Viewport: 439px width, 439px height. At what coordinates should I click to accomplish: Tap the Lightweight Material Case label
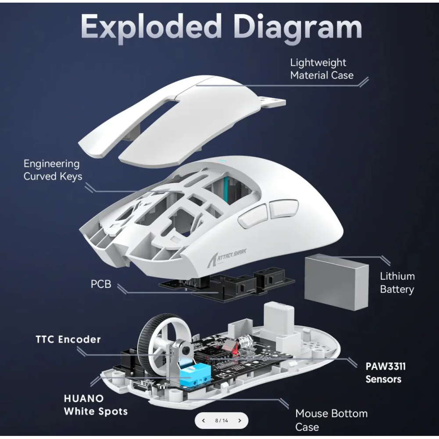(x=321, y=69)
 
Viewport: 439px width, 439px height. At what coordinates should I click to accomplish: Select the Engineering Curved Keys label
(x=52, y=170)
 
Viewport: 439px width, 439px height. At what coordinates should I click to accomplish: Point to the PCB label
(x=101, y=284)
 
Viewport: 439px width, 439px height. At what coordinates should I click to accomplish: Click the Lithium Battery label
(x=397, y=283)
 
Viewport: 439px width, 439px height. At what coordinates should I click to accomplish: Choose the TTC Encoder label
(x=68, y=339)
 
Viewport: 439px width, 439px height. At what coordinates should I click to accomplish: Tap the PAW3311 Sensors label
(x=385, y=373)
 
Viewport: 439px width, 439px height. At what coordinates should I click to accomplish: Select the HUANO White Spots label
(x=96, y=405)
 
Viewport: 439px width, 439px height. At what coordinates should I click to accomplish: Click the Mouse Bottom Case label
(x=331, y=420)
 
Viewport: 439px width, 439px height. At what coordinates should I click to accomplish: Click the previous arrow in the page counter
(x=203, y=421)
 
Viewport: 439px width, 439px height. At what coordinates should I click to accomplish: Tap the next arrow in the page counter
(x=240, y=421)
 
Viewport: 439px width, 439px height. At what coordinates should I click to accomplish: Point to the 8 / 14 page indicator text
(x=222, y=421)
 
